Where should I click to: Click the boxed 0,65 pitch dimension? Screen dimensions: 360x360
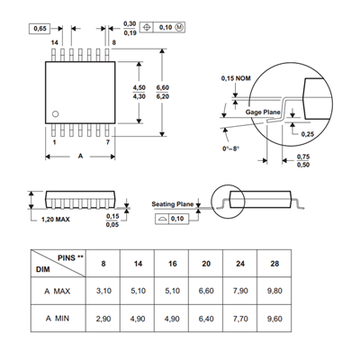(40, 29)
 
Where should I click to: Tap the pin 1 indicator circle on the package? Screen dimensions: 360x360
(55, 114)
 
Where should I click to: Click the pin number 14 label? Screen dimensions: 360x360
(54, 42)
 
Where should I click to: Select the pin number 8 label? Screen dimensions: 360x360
(113, 42)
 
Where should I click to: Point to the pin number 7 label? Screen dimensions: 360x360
(108, 142)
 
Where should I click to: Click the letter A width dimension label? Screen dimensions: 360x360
(80, 156)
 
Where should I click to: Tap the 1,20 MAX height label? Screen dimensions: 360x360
(55, 220)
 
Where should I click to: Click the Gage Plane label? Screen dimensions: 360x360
(263, 112)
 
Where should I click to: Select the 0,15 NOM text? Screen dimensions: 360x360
(236, 78)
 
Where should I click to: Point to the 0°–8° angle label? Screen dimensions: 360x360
(231, 148)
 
